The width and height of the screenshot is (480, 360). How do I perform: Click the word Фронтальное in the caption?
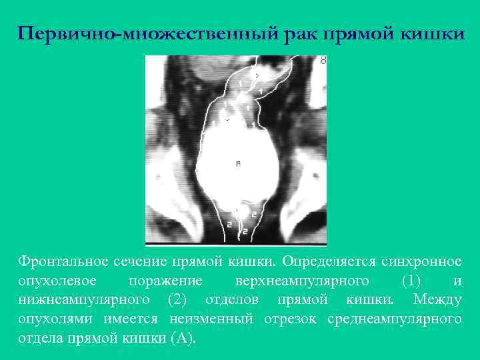pos(60,260)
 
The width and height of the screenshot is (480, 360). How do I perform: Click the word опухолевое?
pos(57,279)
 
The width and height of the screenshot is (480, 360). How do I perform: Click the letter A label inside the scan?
pos(238,163)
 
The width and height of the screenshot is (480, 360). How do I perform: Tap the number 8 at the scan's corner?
pos(323,61)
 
